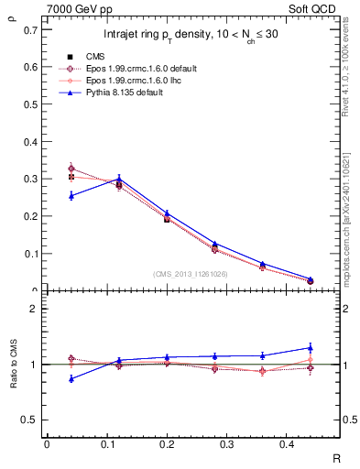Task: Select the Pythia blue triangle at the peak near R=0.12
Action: [119, 179]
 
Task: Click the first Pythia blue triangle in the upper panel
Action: [71, 195]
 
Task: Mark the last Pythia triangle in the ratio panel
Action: [310, 347]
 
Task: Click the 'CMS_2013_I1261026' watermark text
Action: [191, 274]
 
